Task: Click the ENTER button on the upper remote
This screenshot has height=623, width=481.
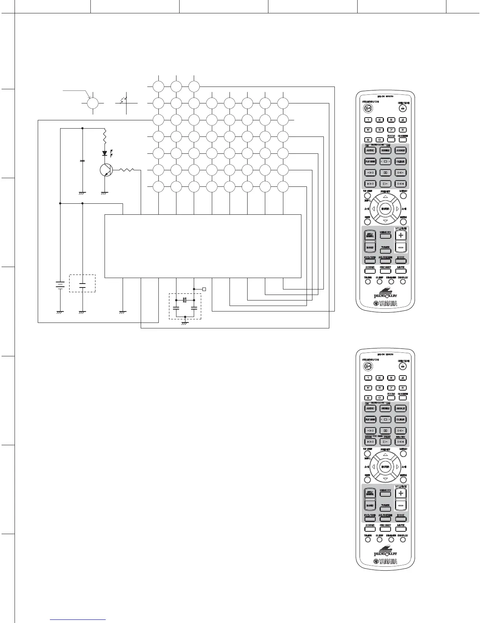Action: (x=385, y=209)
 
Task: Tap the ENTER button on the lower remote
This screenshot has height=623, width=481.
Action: (x=385, y=467)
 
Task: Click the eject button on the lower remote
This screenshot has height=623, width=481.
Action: (x=402, y=366)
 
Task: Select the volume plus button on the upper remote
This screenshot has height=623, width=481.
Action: (x=401, y=235)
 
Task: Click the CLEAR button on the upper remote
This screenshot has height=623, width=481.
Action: (x=400, y=161)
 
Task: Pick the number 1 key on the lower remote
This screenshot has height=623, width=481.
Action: (x=368, y=378)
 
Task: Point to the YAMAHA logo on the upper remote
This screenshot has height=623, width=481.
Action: (x=385, y=304)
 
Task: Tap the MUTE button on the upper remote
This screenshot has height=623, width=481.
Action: (x=400, y=271)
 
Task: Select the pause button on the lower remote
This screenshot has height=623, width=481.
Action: (x=385, y=431)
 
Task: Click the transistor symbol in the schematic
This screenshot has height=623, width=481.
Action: (x=106, y=170)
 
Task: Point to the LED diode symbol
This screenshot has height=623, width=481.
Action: (x=105, y=153)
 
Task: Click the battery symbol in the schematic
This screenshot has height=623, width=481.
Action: (x=60, y=285)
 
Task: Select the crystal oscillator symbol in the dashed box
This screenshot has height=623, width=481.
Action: (x=185, y=300)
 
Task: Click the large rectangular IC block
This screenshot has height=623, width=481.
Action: (x=203, y=246)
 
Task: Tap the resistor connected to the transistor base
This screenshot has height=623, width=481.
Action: (x=127, y=170)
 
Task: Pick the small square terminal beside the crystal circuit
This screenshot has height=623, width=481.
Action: (x=204, y=289)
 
